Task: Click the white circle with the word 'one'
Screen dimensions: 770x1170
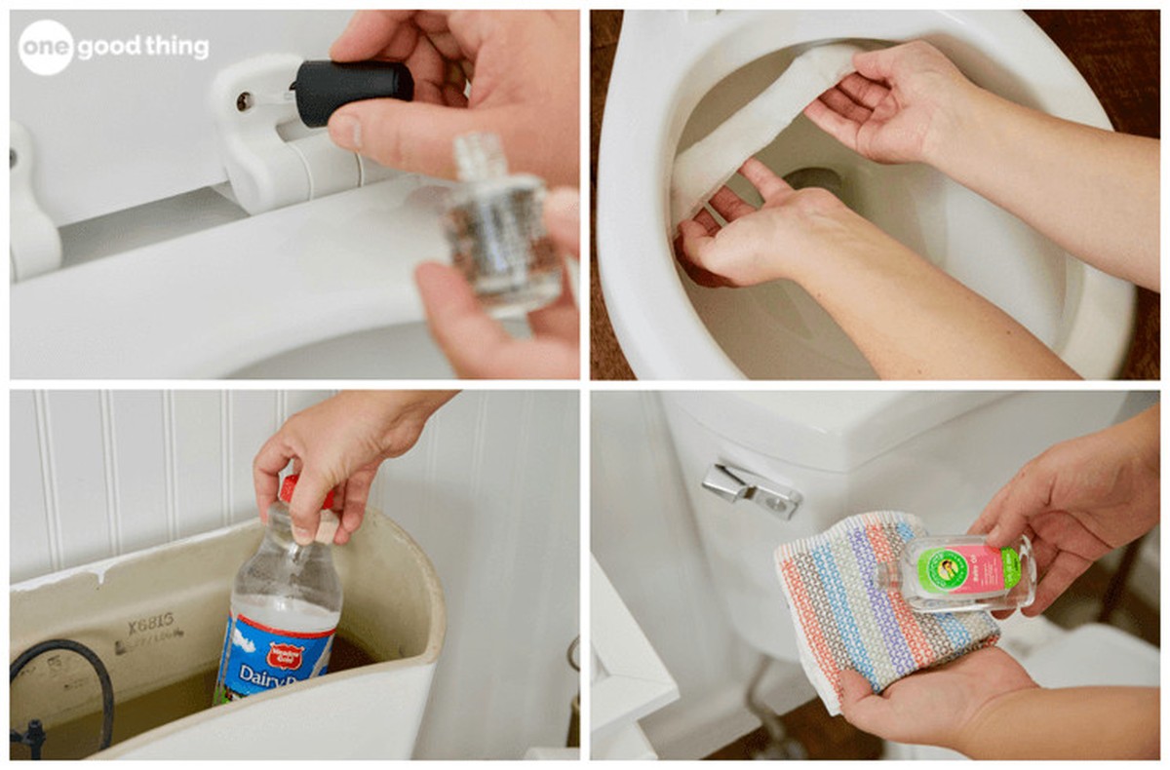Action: coord(46,47)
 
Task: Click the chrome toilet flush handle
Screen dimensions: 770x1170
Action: coord(751,489)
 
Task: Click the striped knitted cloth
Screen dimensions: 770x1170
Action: coord(868,604)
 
